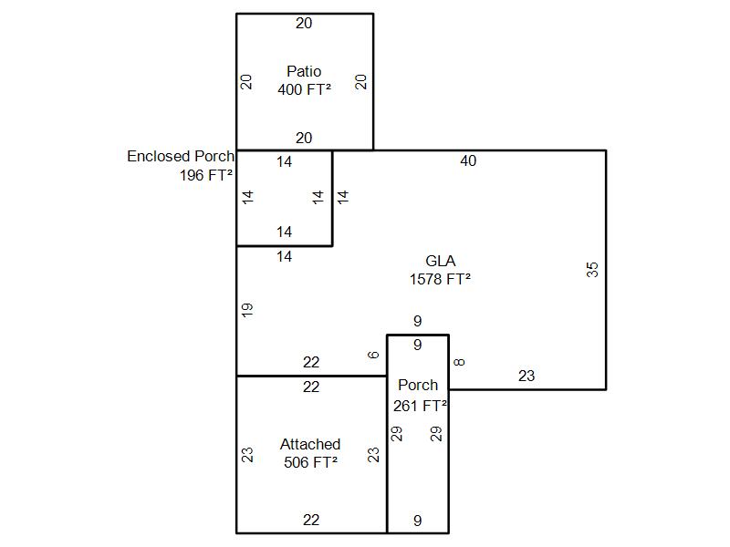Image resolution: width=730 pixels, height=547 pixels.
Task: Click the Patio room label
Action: (304, 71)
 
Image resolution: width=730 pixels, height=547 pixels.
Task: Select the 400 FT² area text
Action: (304, 89)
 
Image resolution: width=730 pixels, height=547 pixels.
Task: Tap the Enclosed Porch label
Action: (180, 157)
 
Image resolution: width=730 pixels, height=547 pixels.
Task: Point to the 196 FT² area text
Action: (206, 175)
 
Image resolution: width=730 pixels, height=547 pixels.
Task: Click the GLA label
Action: (440, 262)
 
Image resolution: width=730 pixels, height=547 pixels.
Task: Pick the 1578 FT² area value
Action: (440, 280)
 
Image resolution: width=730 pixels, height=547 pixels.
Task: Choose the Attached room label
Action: (310, 444)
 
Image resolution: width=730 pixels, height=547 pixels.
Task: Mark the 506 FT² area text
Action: (310, 462)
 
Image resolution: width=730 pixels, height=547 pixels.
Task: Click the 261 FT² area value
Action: (420, 407)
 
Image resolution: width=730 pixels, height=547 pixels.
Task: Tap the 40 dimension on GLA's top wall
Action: (468, 161)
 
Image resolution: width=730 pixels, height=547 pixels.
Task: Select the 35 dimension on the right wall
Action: (593, 269)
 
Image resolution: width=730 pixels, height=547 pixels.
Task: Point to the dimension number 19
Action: (247, 309)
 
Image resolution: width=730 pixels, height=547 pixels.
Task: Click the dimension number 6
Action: (373, 355)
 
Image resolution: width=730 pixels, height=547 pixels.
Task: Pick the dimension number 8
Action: (460, 362)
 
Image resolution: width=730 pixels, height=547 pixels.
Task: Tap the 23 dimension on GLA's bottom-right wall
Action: (527, 376)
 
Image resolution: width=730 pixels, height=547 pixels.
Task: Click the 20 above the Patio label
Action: (304, 24)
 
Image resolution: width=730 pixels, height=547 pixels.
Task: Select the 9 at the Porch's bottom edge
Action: (418, 521)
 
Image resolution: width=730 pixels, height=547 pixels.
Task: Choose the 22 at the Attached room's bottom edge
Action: (311, 520)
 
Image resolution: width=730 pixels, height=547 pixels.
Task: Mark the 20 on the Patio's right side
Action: (361, 82)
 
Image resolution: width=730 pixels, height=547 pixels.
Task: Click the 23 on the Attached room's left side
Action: (247, 454)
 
